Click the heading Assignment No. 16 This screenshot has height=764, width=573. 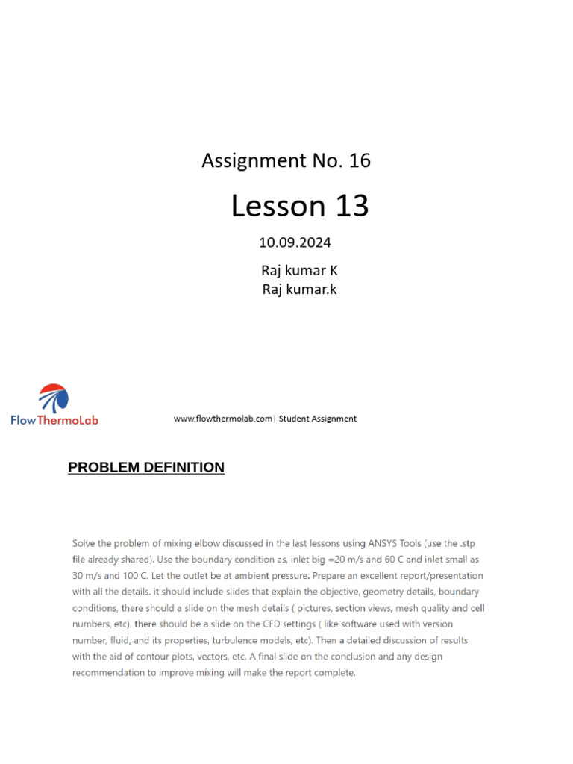coord(286,160)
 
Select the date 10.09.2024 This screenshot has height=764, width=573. coord(295,242)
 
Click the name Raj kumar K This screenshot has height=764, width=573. coord(299,271)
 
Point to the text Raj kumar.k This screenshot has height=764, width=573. coord(299,289)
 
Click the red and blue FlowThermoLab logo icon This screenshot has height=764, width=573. coord(54,398)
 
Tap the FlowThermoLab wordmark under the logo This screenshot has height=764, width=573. coord(54,420)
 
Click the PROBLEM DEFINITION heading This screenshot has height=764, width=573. coord(146,468)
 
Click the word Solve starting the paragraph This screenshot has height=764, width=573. coord(85,543)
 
